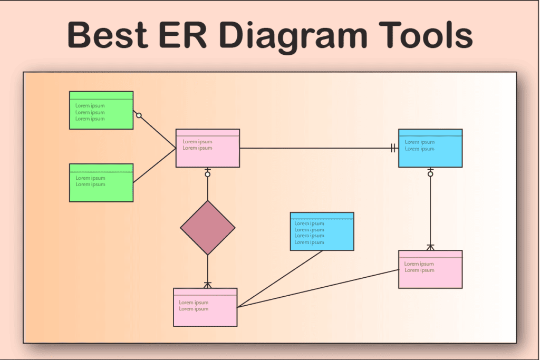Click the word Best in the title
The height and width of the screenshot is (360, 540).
[108, 35]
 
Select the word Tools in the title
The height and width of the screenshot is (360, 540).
[426, 35]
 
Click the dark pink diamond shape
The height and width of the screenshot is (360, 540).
[208, 228]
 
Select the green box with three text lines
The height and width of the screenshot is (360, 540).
[101, 110]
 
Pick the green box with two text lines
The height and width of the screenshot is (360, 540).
[101, 183]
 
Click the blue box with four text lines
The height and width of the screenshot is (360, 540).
[322, 231]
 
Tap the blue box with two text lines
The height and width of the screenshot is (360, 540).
[430, 148]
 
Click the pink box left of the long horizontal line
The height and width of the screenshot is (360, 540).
[208, 148]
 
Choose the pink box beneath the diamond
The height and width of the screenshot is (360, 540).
[205, 307]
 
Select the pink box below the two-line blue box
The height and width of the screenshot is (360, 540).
[430, 269]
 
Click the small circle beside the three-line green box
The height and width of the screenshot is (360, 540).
[139, 115]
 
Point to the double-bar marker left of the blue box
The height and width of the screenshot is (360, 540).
[393, 148]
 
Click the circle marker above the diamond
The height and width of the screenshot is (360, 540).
[208, 174]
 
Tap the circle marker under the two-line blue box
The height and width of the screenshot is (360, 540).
[430, 174]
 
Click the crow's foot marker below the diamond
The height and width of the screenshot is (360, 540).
[208, 285]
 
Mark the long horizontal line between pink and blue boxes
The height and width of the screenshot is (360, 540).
[319, 148]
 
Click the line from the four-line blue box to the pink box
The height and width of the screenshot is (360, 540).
[280, 279]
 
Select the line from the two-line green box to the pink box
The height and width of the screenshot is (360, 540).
[155, 166]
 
